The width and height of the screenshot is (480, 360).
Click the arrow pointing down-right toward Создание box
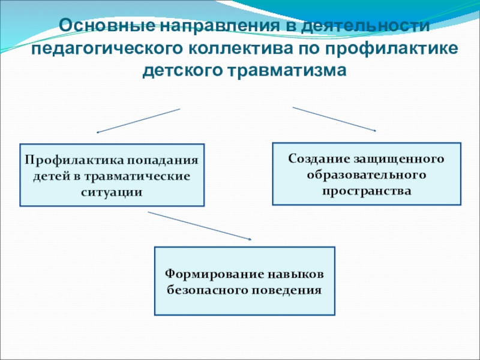point(334,119)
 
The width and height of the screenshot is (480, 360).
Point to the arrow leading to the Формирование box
point(199,226)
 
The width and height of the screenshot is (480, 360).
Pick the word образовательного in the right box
point(367,175)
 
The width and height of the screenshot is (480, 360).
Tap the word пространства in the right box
point(367,191)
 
